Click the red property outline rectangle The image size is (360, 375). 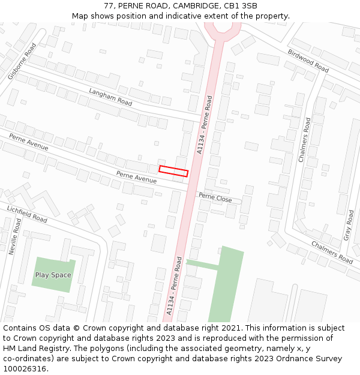173,171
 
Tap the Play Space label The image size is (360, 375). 53,275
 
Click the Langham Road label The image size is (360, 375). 110,97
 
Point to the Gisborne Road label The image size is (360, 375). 22,61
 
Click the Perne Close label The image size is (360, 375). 215,197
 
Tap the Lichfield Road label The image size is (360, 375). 27,214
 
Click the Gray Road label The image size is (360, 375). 350,225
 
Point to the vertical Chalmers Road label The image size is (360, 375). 305,140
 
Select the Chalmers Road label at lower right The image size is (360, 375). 332,252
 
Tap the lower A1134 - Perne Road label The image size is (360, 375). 174,286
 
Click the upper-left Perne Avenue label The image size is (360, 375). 29,143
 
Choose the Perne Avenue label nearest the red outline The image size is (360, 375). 136,177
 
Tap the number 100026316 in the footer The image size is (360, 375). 24,368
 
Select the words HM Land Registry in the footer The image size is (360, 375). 35,348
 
